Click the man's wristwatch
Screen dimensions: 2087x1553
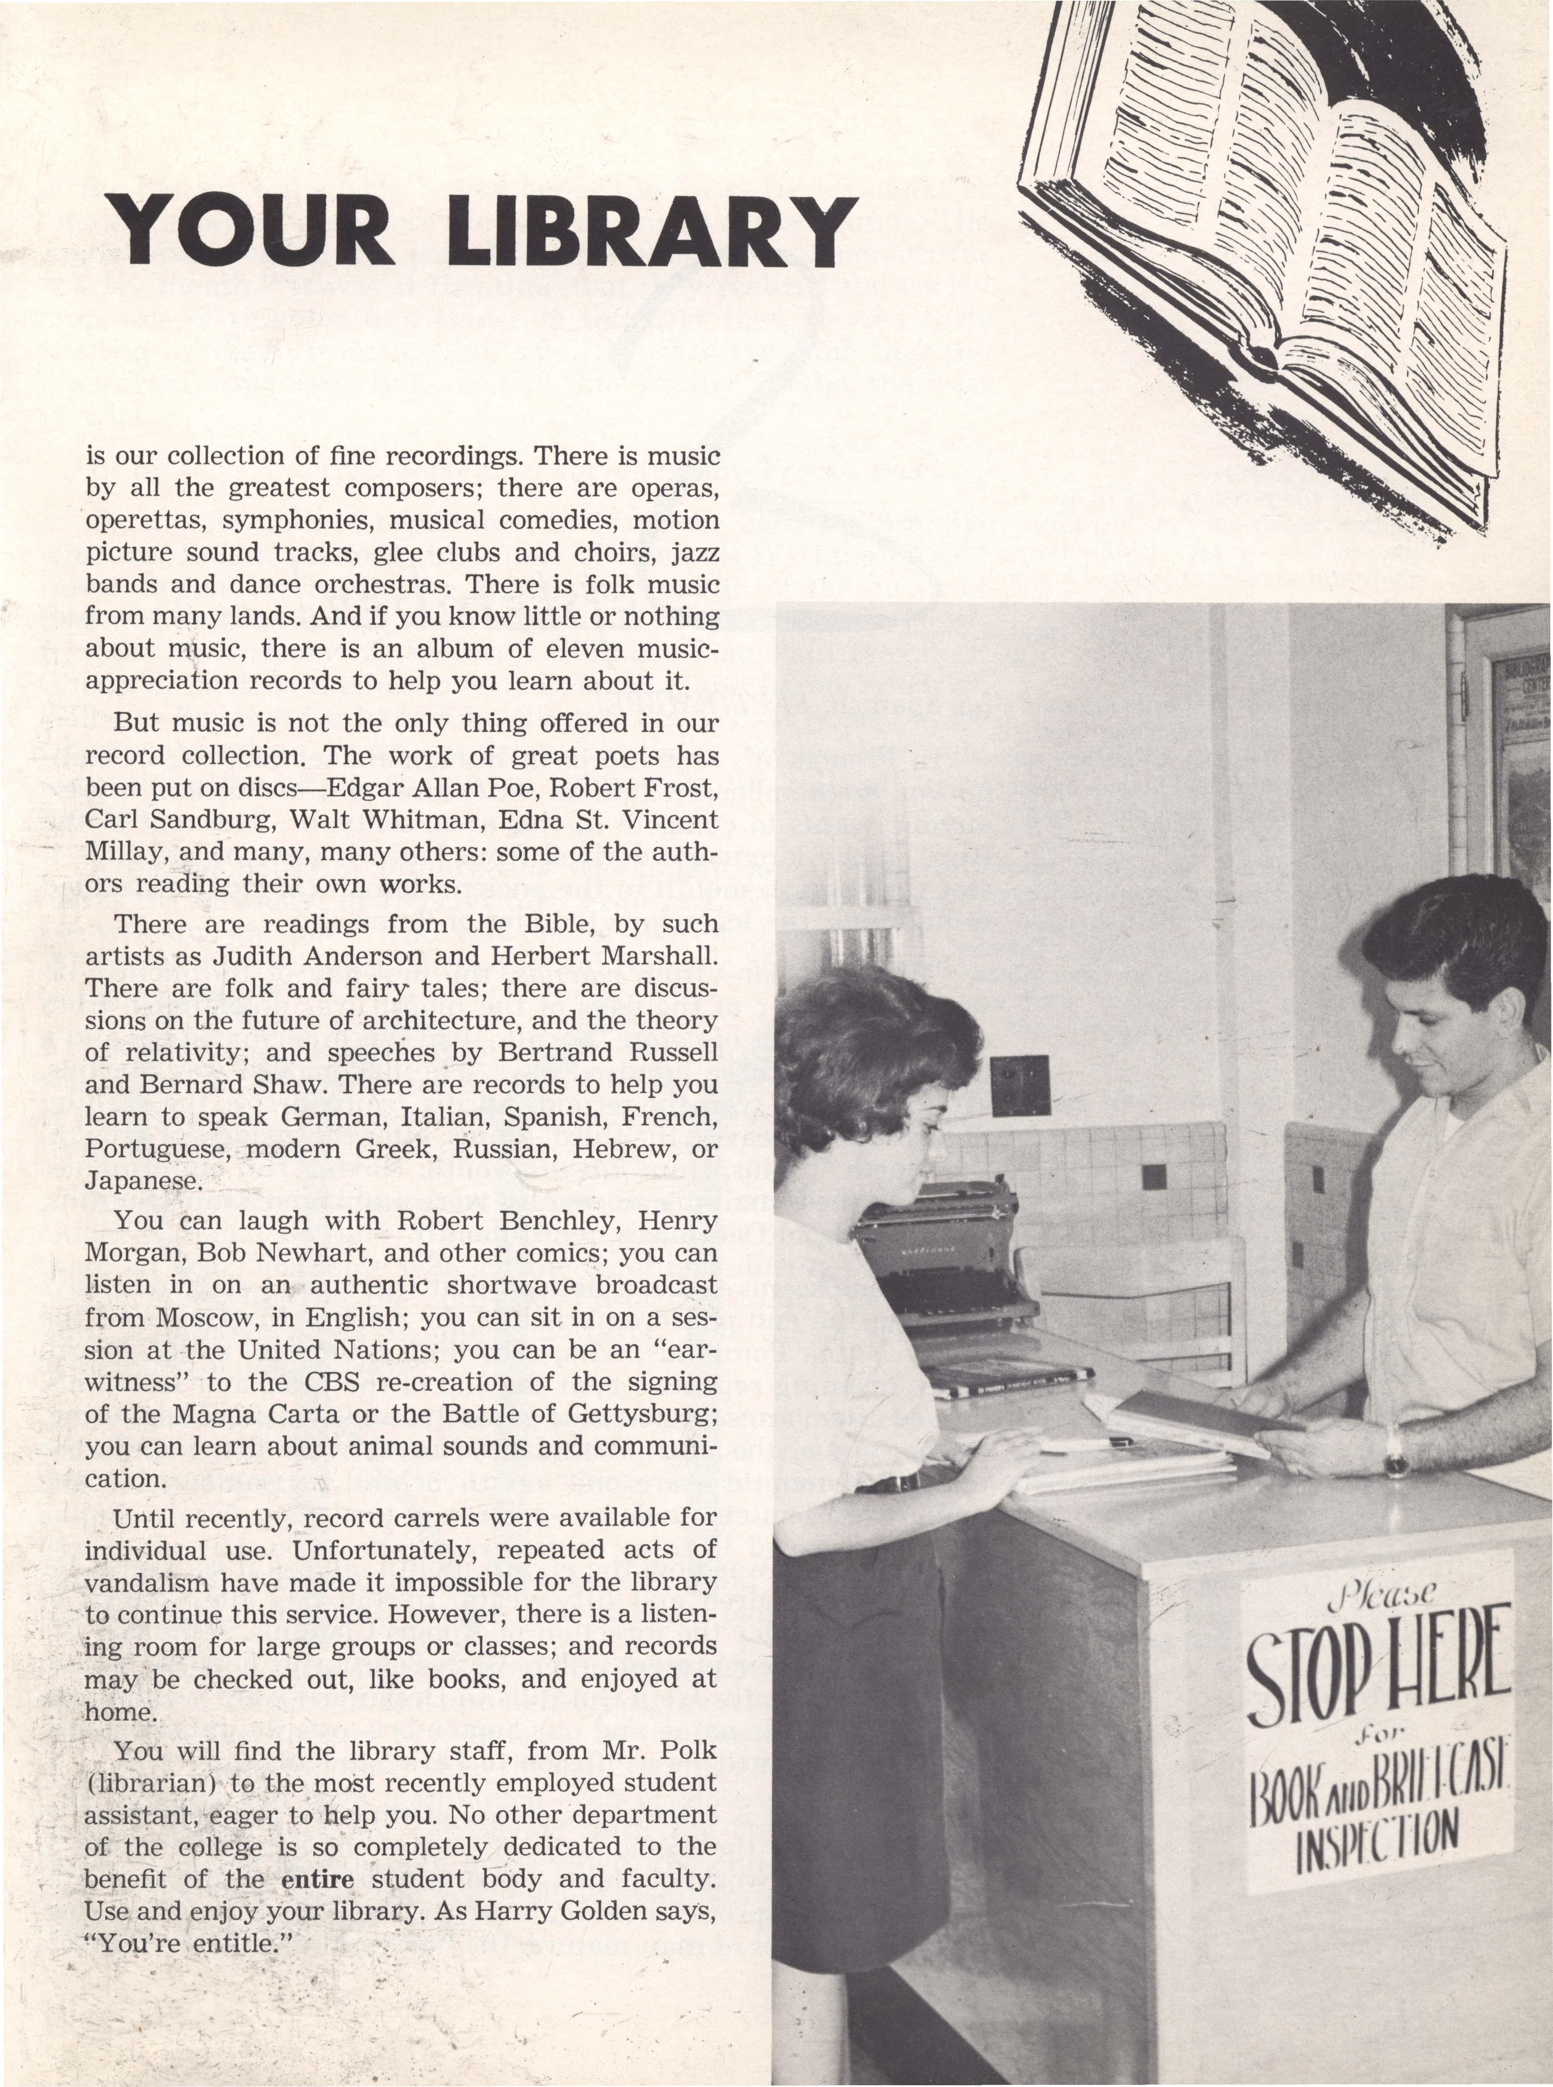(1395, 1461)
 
